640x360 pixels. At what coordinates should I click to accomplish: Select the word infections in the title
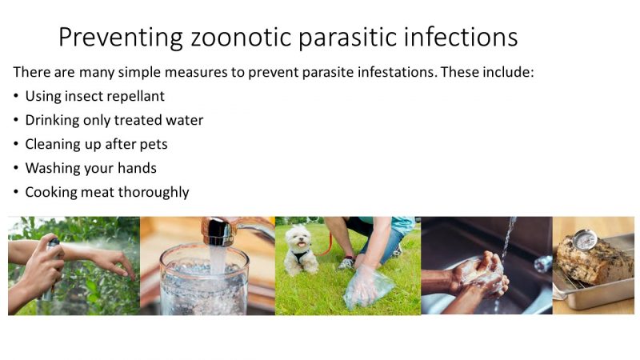[468, 37]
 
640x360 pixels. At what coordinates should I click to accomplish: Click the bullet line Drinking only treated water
[114, 120]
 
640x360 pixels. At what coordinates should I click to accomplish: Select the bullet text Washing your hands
[90, 168]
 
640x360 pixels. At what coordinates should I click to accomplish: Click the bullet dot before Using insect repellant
[17, 96]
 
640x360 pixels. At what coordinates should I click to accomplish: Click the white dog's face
[298, 238]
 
